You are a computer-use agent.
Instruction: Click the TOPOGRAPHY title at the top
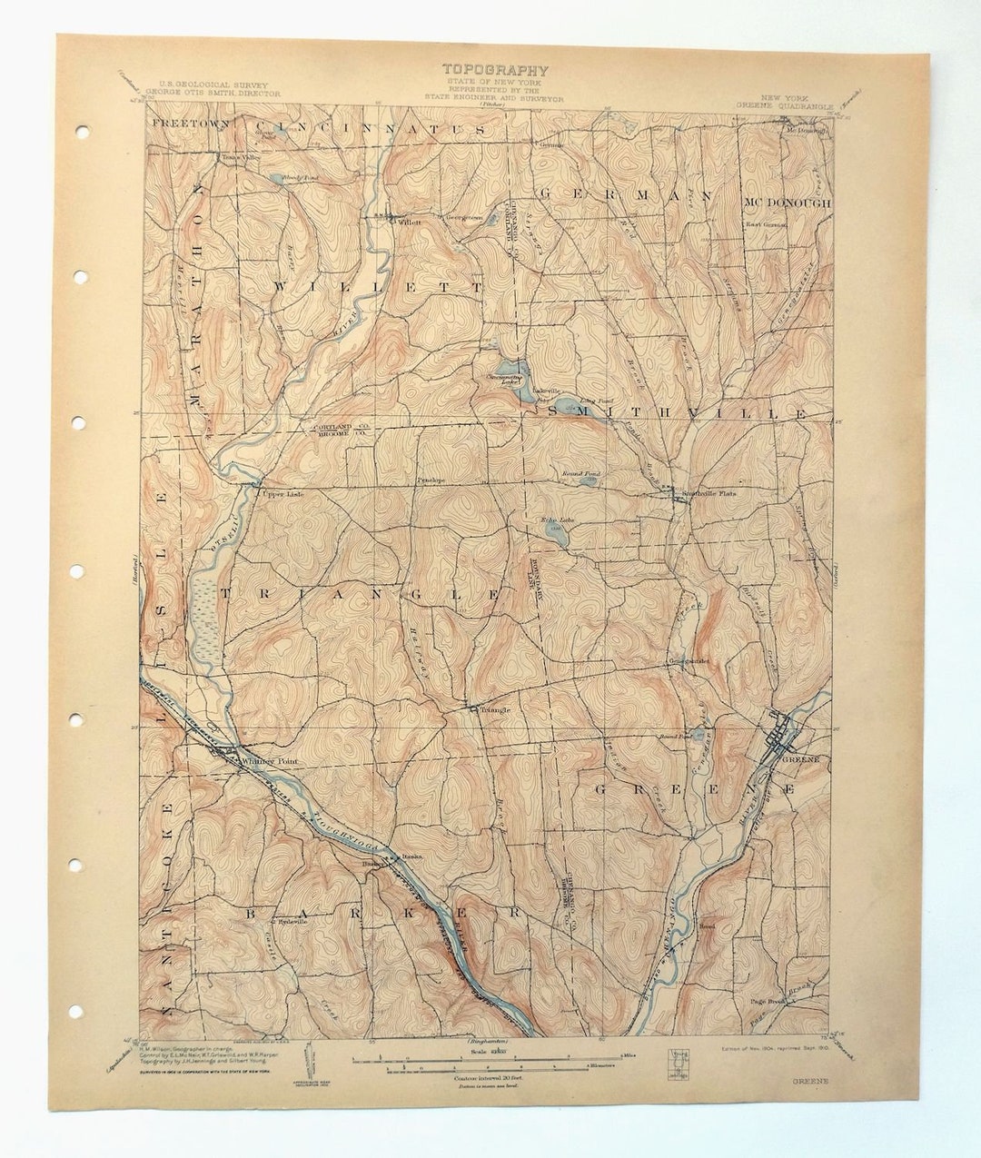[495, 69]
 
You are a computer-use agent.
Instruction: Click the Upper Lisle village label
[279, 494]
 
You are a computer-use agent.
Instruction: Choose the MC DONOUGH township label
[787, 203]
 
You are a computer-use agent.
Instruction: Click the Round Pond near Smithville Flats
[588, 480]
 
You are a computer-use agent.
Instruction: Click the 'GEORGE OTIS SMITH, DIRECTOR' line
[213, 93]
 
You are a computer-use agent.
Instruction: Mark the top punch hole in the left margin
[82, 133]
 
